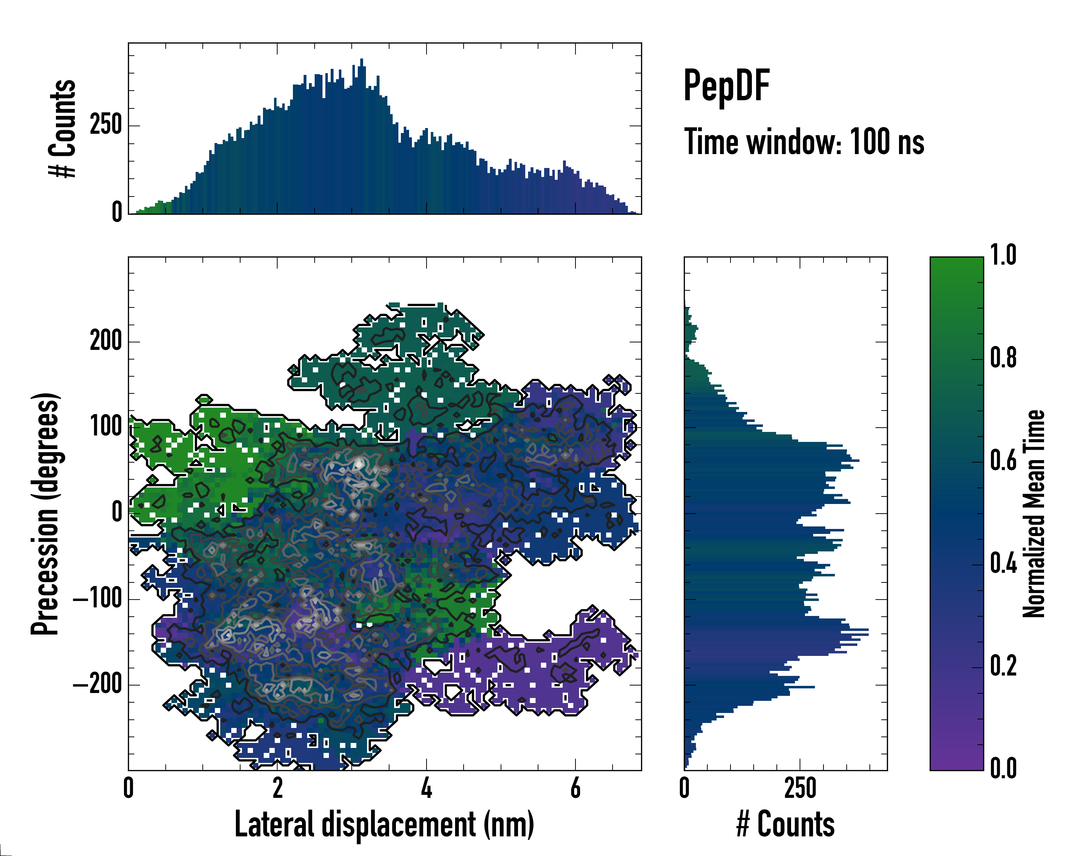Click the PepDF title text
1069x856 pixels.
[x=726, y=86]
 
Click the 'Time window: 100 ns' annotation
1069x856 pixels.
[x=804, y=142]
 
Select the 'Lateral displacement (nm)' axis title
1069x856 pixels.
[x=384, y=824]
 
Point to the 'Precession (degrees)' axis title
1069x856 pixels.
[x=46, y=514]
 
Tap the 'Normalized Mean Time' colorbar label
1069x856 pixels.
[x=1034, y=514]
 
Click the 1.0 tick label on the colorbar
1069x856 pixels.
[x=1003, y=256]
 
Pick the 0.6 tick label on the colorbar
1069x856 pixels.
[x=1003, y=461]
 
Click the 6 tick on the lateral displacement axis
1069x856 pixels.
[x=575, y=788]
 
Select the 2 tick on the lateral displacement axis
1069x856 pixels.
[x=278, y=788]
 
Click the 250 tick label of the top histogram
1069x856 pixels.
[x=105, y=125]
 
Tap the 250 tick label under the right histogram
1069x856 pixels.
[x=800, y=788]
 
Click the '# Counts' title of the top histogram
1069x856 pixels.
[x=62, y=128]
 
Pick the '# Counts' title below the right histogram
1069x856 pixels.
[x=785, y=824]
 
